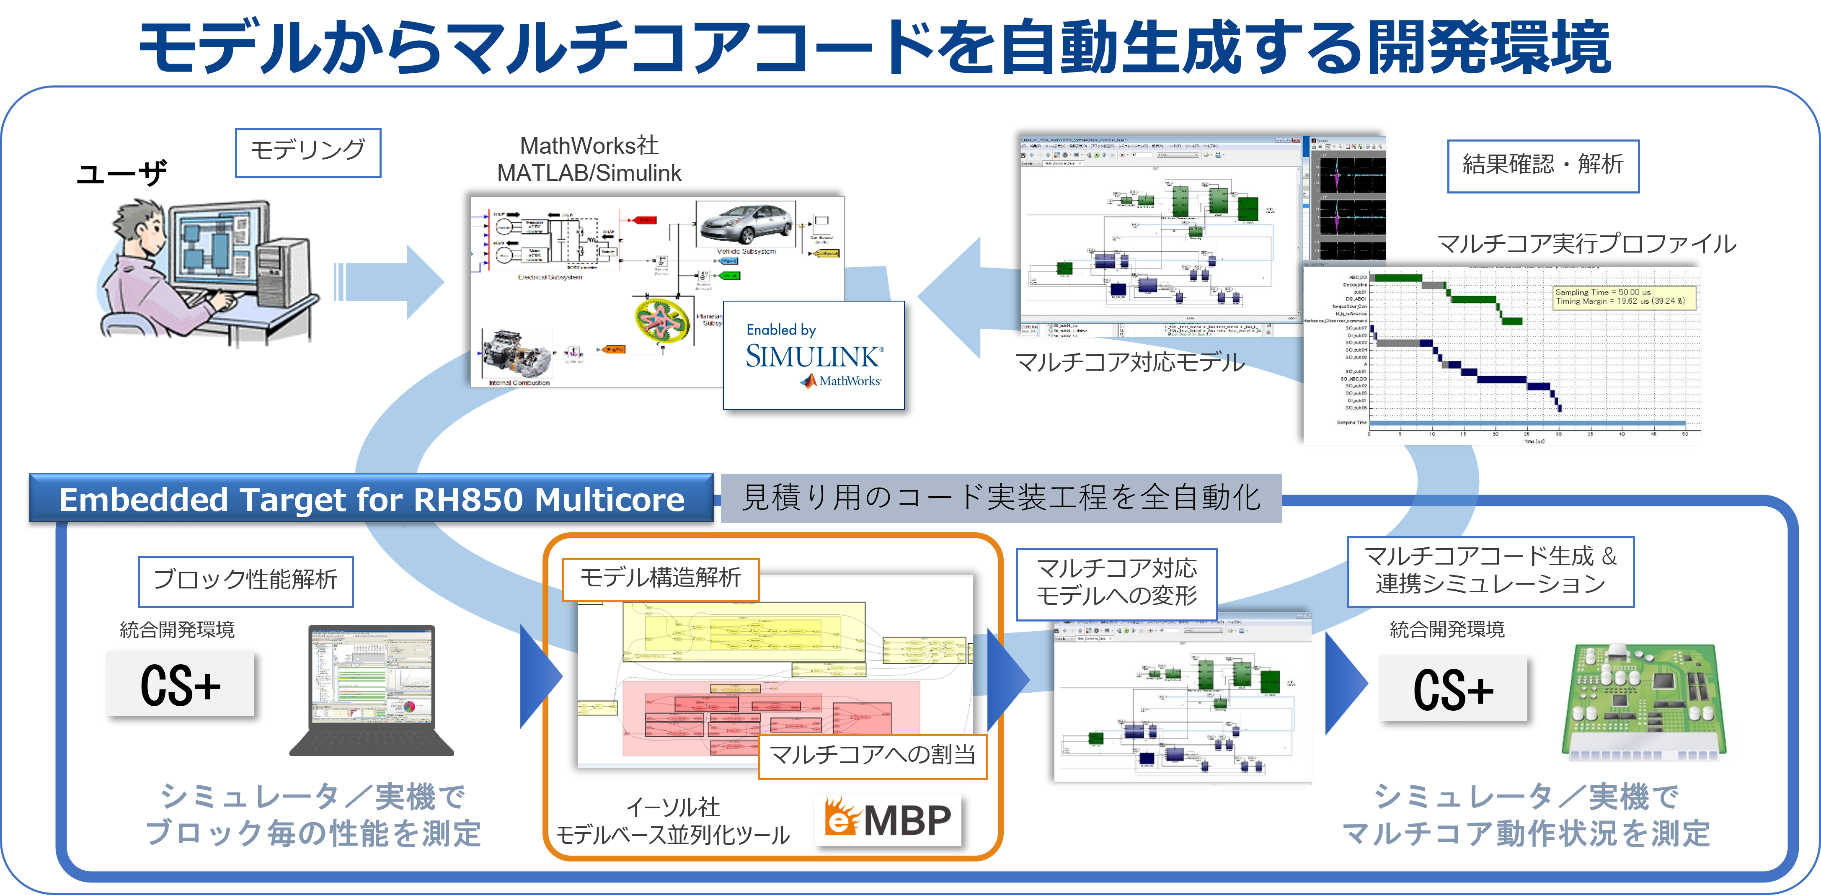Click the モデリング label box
click(307, 152)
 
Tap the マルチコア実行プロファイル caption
click(1586, 244)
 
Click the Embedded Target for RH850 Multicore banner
click(371, 499)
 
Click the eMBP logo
click(889, 820)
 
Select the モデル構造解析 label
click(660, 579)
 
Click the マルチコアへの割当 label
click(872, 756)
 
